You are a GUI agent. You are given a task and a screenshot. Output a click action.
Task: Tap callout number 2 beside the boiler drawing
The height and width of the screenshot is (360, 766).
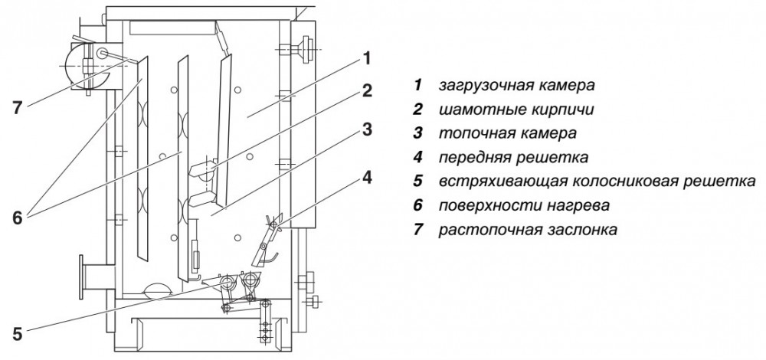368,91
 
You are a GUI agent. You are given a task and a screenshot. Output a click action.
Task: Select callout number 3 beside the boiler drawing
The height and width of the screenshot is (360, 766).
368,129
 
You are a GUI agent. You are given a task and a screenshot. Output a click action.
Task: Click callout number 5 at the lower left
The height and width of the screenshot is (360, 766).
18,333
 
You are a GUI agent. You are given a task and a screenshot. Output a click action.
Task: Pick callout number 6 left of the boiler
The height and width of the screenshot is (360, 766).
18,217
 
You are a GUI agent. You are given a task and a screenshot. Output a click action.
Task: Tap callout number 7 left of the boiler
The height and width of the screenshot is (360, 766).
18,107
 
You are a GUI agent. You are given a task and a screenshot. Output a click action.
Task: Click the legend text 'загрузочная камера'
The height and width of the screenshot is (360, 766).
516,83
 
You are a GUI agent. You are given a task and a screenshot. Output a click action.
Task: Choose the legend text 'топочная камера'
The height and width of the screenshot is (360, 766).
506,133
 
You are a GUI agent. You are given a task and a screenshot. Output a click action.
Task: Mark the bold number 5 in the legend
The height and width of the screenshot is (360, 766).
417,182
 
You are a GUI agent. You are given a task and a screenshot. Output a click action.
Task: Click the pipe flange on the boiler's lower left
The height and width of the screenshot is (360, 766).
81,277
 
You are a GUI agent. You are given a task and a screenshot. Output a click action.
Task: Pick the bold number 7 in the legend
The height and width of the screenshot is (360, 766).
417,229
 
